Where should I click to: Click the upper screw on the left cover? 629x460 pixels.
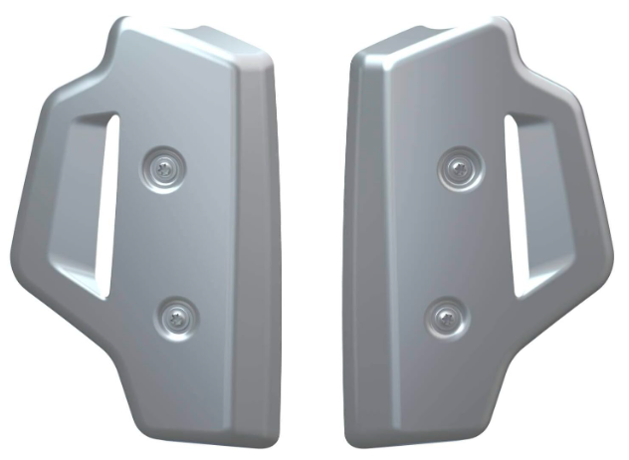[x=164, y=165]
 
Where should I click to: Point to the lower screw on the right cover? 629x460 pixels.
[x=444, y=318]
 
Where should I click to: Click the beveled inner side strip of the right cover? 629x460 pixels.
[x=367, y=249]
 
